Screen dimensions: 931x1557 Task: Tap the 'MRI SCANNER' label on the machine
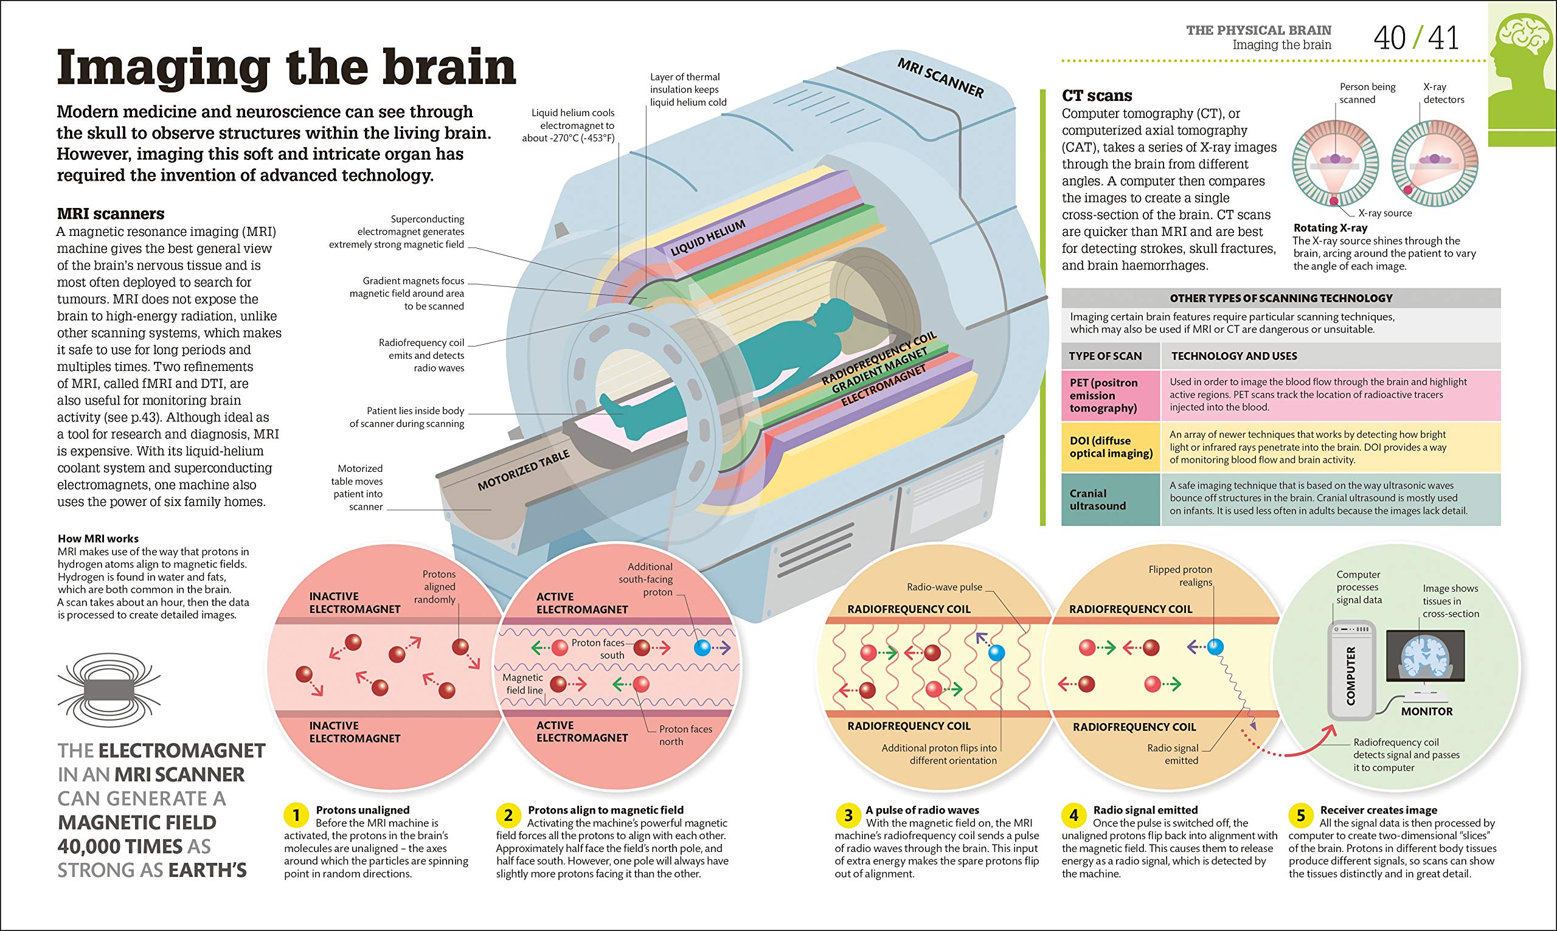click(940, 78)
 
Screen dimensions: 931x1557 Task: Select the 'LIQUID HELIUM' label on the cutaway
click(707, 238)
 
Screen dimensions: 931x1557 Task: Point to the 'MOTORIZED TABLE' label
click(523, 471)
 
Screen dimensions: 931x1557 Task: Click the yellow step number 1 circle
click(296, 815)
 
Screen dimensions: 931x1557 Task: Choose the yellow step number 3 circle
click(847, 815)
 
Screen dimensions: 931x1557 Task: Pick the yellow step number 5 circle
click(1300, 815)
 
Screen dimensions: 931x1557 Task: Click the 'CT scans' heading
click(1097, 96)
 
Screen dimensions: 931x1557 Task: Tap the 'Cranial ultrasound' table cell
click(1098, 499)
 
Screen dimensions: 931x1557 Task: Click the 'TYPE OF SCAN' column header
click(1105, 356)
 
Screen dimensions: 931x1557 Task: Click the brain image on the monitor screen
click(1425, 656)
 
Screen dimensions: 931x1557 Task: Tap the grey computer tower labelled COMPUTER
click(1351, 670)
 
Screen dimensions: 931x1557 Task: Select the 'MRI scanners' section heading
click(111, 214)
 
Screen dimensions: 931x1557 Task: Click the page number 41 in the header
click(1443, 38)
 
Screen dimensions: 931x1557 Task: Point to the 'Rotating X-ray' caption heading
click(1330, 227)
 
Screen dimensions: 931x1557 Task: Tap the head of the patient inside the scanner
click(836, 311)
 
